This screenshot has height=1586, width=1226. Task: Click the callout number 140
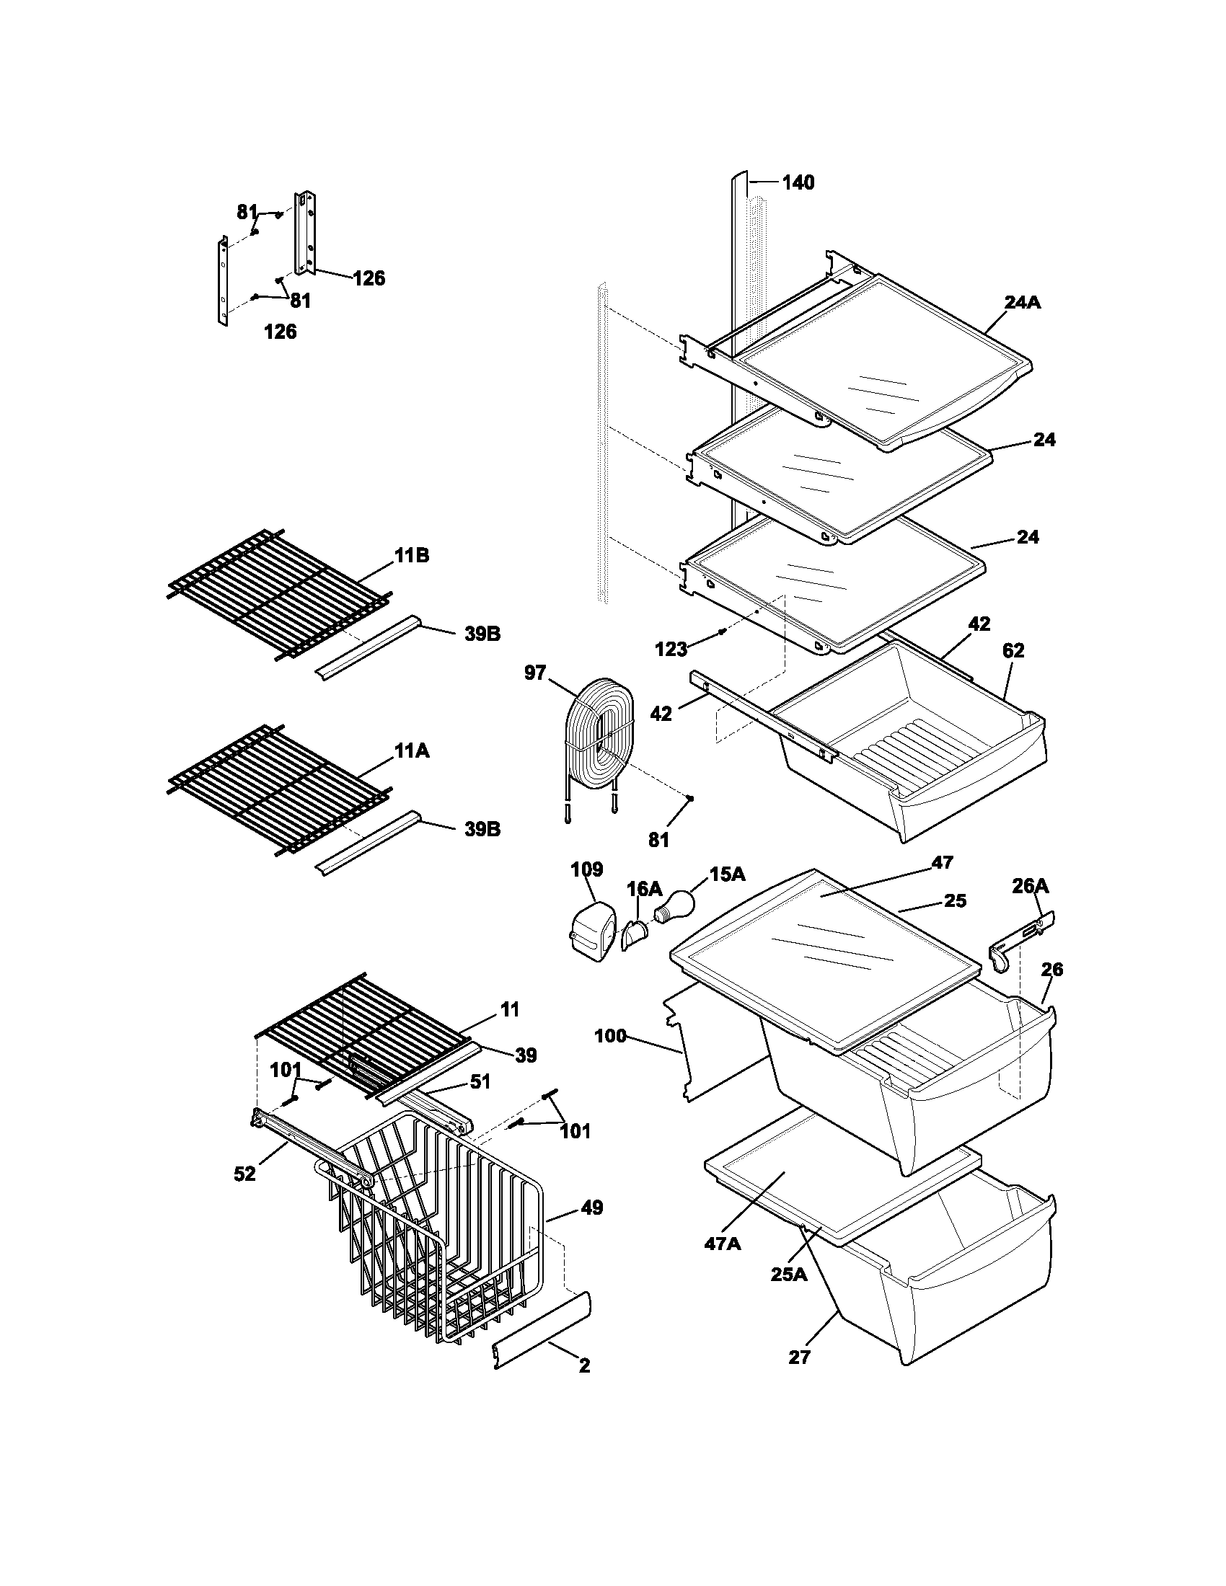click(798, 183)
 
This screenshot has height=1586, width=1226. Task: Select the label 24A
click(1023, 303)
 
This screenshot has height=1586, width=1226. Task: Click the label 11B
click(412, 556)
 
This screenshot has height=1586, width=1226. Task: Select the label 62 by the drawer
click(1013, 651)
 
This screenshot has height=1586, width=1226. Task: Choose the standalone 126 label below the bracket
click(280, 332)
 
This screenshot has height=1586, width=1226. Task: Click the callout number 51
click(480, 1102)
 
